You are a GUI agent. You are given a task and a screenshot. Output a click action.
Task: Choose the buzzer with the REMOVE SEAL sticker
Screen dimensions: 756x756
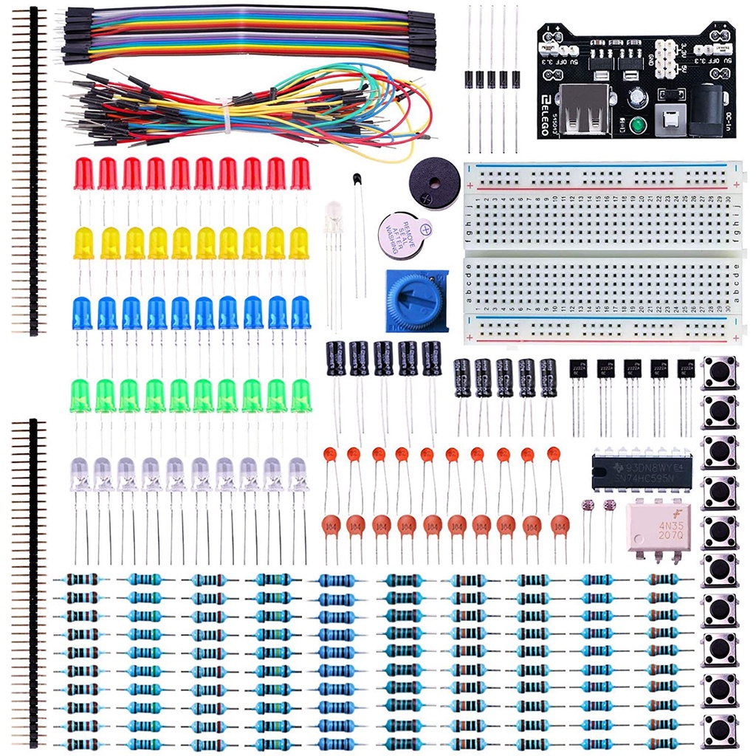[x=403, y=236]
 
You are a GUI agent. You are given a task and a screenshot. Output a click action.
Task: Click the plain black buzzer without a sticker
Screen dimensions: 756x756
[x=433, y=182]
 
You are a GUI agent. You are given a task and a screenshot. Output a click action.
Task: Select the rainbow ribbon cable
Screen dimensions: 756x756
[x=244, y=33]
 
